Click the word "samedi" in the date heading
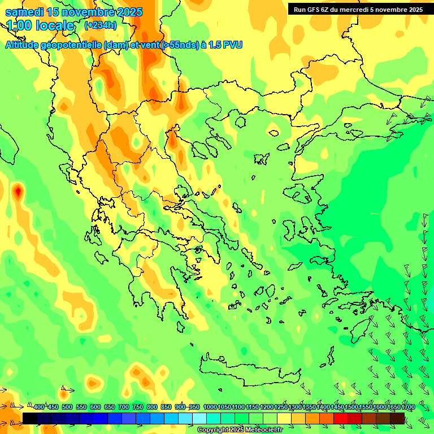(x=24, y=12)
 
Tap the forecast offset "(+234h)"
(x=100, y=25)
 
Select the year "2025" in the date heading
(x=127, y=12)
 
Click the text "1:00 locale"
(x=40, y=25)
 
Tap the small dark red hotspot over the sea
(x=18, y=192)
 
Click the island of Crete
(x=249, y=371)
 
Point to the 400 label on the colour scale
(x=39, y=407)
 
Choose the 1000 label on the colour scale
(x=210, y=407)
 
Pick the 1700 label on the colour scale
(x=408, y=407)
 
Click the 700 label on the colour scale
(x=124, y=407)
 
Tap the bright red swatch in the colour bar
(x=341, y=418)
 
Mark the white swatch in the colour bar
(x=199, y=418)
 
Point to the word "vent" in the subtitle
(x=149, y=45)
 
